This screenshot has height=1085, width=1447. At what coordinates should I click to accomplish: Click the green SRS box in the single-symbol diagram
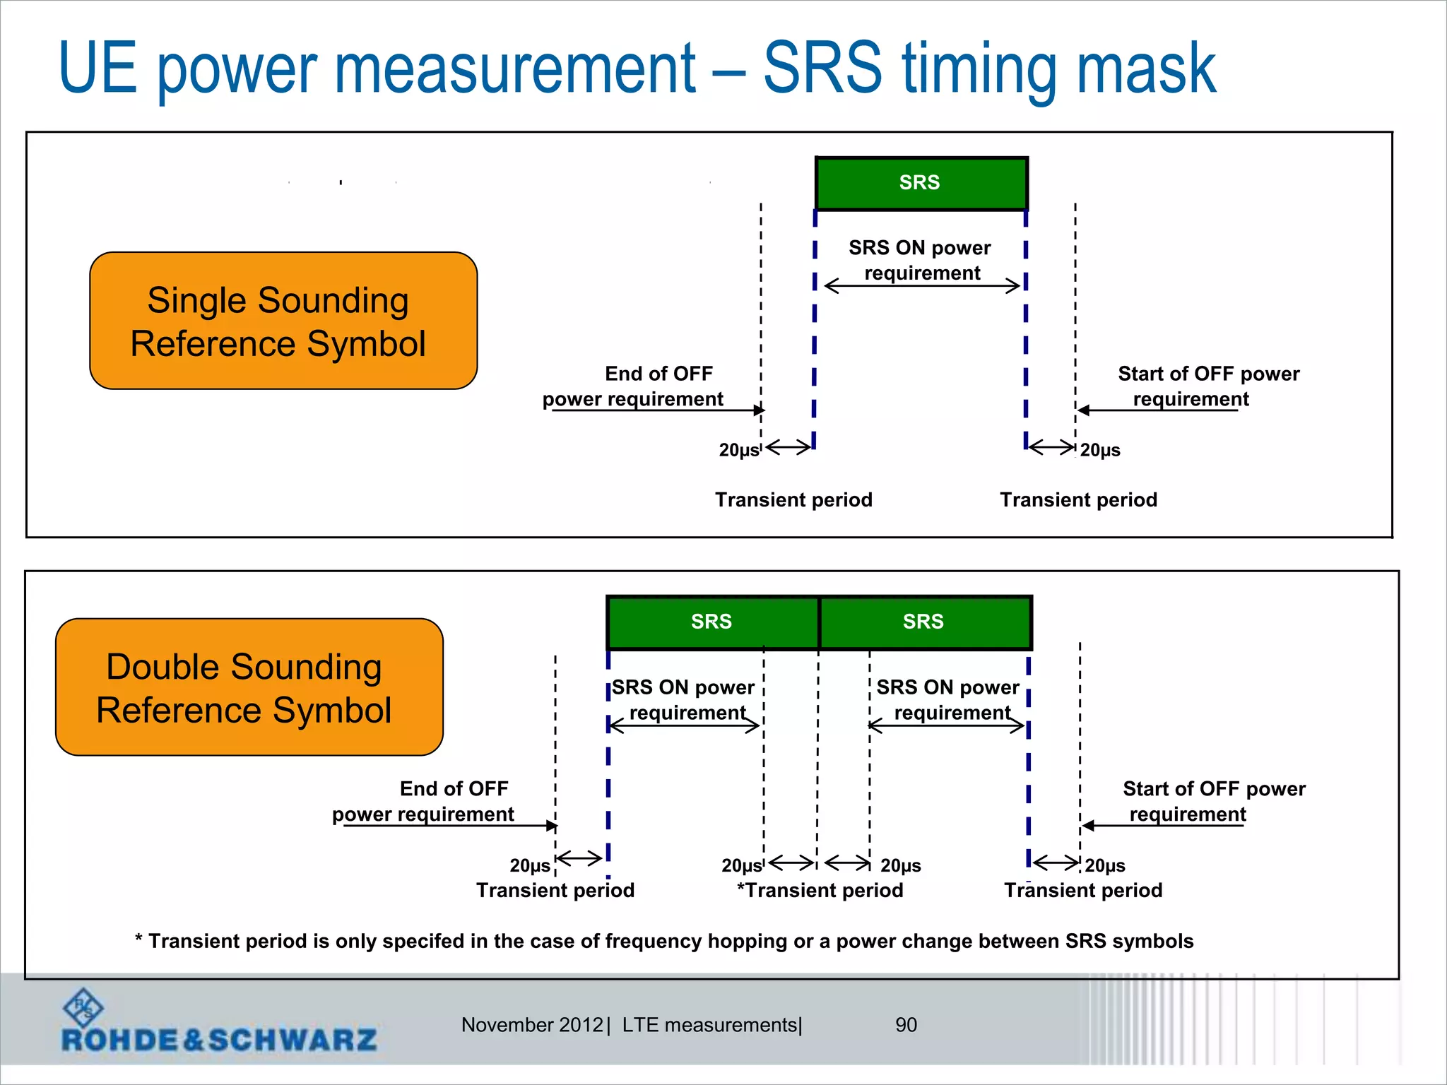pyautogui.click(x=921, y=184)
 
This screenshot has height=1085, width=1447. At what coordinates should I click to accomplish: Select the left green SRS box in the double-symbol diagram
pyautogui.click(x=712, y=622)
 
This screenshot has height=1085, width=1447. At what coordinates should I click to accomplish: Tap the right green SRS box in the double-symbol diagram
pyautogui.click(x=924, y=622)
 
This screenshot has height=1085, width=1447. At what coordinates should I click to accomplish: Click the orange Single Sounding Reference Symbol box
pyautogui.click(x=283, y=321)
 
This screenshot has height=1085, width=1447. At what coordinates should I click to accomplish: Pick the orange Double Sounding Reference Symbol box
pyautogui.click(x=249, y=687)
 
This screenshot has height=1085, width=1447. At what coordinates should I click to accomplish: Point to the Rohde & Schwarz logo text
pyautogui.click(x=219, y=1040)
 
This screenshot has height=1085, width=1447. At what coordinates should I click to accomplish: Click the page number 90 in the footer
pyautogui.click(x=906, y=1025)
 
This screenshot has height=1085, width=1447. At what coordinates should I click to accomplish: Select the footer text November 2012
pyautogui.click(x=532, y=1025)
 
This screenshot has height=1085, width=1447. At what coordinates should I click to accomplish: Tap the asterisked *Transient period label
pyautogui.click(x=820, y=890)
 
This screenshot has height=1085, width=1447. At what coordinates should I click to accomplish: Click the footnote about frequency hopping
pyautogui.click(x=664, y=941)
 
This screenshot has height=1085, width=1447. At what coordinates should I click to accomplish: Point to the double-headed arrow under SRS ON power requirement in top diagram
pyautogui.click(x=922, y=286)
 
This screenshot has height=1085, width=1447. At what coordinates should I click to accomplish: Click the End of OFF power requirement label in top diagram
pyautogui.click(x=634, y=386)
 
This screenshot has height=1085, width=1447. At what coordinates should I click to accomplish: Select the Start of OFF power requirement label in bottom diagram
pyautogui.click(x=1213, y=801)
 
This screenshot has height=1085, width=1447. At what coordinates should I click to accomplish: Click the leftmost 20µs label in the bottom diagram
pyautogui.click(x=530, y=865)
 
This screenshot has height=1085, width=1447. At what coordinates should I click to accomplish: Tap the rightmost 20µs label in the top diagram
pyautogui.click(x=1100, y=450)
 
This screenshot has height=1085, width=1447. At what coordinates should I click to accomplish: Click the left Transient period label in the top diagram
pyautogui.click(x=793, y=500)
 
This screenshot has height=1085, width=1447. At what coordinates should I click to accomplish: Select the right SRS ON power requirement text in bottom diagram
pyautogui.click(x=948, y=699)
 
